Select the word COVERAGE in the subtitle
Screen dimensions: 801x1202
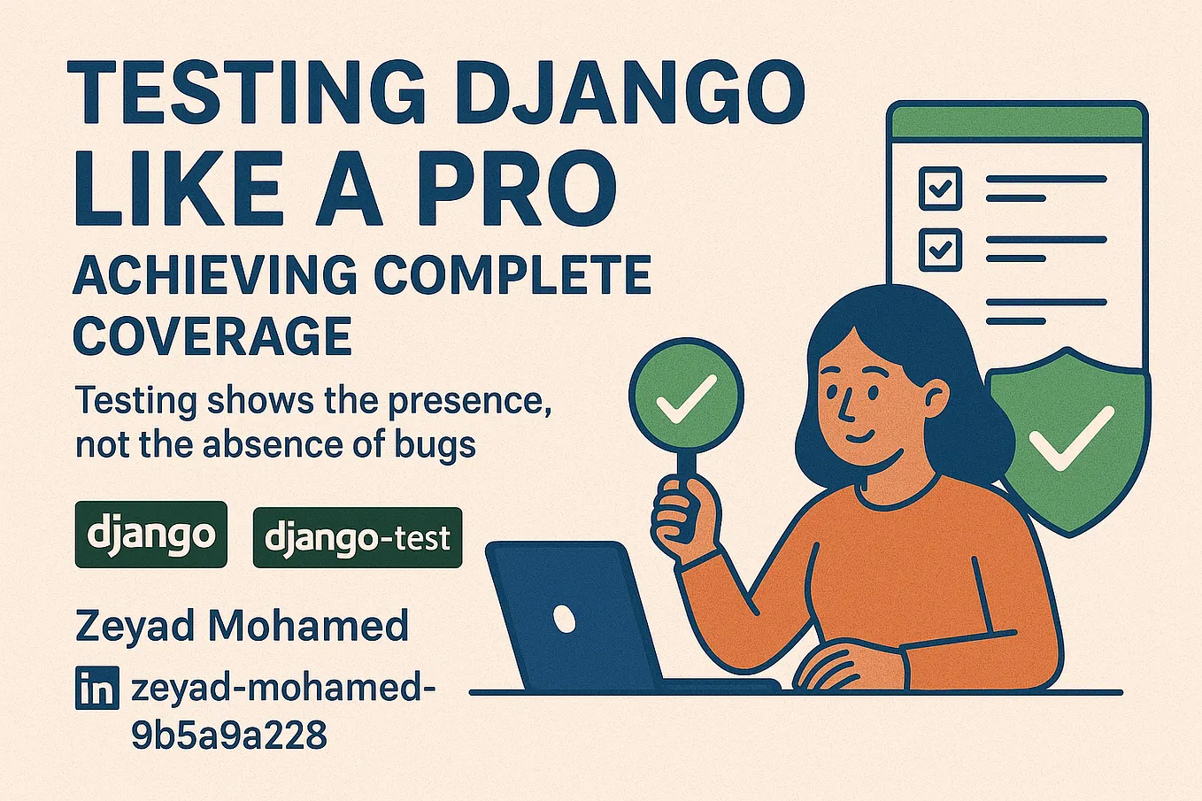tap(212, 336)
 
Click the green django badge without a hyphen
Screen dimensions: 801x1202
tap(151, 535)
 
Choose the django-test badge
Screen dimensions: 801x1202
tap(358, 537)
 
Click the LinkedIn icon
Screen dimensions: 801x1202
tap(96, 689)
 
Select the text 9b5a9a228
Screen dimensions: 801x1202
tap(229, 736)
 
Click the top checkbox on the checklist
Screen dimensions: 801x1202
tap(940, 188)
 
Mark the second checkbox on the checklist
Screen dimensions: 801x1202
tap(940, 249)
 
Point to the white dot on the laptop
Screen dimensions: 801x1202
tap(563, 617)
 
